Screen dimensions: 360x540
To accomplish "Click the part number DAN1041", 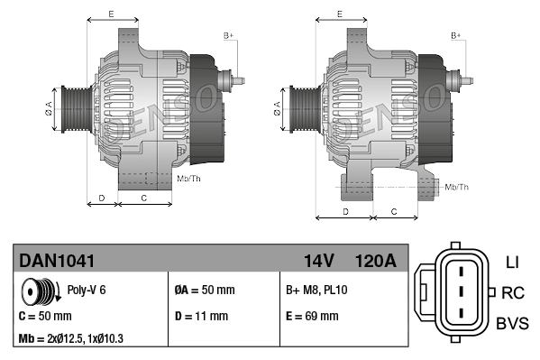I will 57,261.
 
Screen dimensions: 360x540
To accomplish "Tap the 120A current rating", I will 375,261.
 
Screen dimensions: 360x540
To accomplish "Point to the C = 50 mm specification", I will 46,317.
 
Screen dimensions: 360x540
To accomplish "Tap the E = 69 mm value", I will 312,317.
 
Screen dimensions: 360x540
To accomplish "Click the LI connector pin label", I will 512,263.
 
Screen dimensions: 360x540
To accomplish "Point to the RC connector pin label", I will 512,292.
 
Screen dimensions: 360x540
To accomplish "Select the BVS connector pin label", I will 513,322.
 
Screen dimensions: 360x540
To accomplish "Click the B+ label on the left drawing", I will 228,35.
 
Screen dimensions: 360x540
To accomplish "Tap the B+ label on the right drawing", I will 456,35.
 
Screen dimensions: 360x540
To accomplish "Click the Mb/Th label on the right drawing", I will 457,187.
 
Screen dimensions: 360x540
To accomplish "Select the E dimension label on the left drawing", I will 111,14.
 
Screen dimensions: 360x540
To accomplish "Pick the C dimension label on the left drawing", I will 144,196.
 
